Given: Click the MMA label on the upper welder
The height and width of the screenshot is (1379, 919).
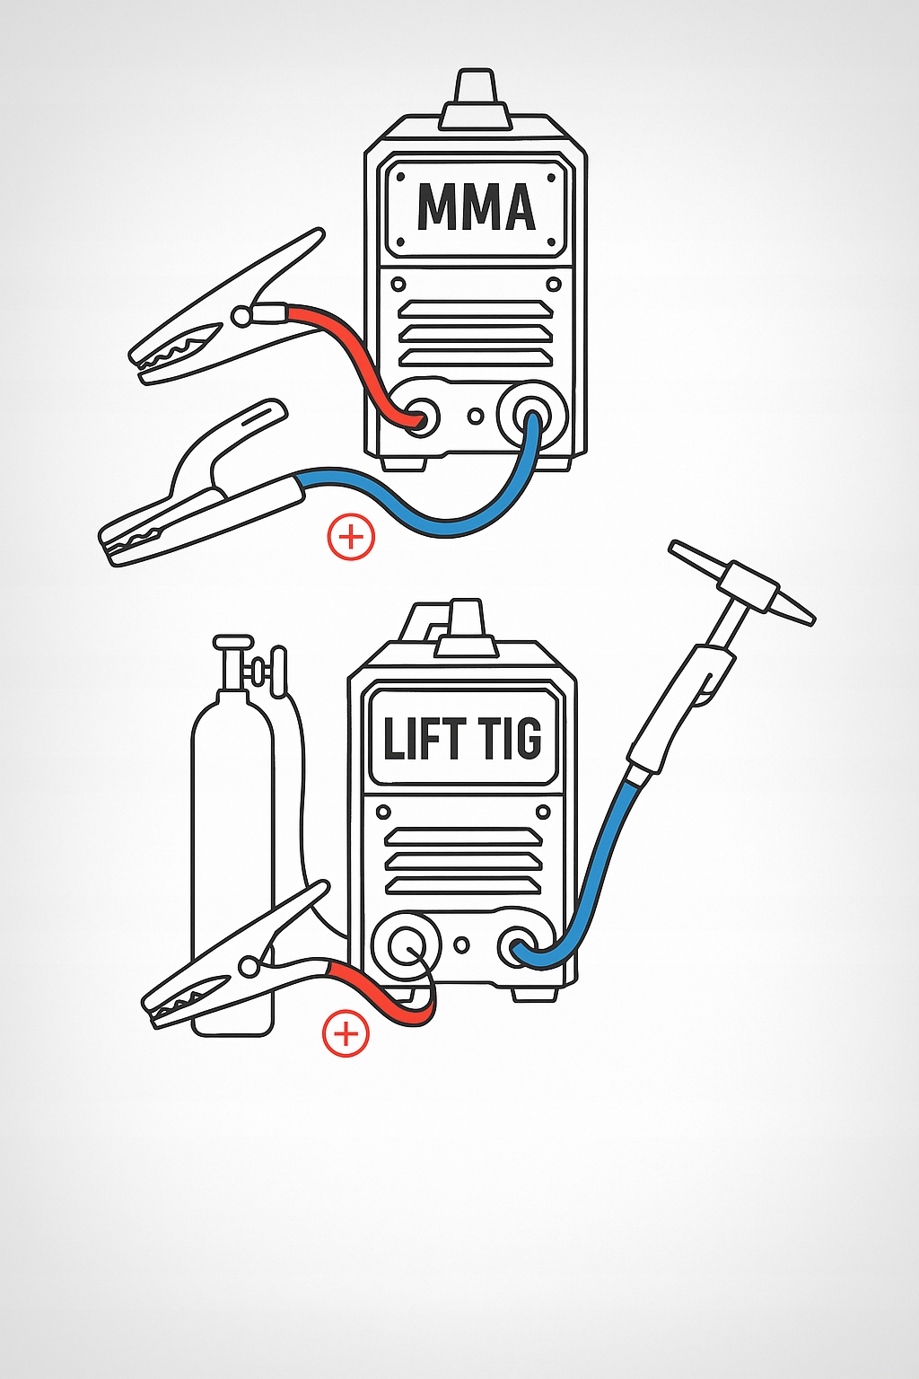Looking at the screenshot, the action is click(475, 206).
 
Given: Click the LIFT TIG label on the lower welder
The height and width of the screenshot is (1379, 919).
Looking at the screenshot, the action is click(462, 737).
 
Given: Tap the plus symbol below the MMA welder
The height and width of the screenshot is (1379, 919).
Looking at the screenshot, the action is click(351, 538).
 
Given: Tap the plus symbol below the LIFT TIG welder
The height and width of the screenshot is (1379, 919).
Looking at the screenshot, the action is click(346, 1033).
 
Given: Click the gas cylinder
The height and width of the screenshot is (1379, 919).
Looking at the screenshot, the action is click(232, 862).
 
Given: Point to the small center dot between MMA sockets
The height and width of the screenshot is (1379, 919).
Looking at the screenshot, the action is click(475, 417).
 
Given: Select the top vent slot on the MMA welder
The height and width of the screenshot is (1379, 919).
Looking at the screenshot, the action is click(475, 309).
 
